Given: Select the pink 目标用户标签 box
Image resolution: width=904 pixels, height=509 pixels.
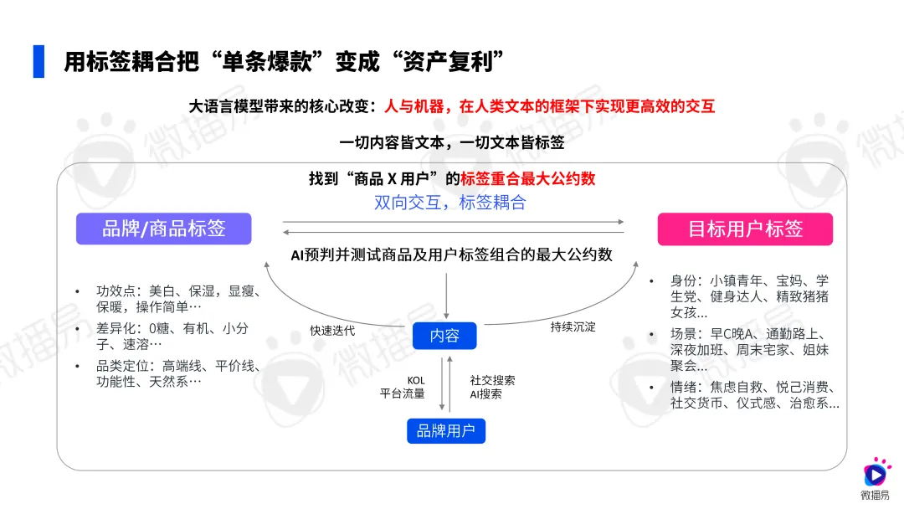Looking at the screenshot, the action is (x=745, y=229).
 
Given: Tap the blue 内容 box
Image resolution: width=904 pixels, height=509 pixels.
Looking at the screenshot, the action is (x=444, y=336).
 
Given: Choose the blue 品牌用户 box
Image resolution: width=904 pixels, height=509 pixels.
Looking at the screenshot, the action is (x=444, y=431).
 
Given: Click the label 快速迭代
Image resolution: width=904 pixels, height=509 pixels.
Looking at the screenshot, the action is (x=332, y=331).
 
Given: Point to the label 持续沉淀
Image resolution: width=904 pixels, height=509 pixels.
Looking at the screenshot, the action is (x=573, y=326).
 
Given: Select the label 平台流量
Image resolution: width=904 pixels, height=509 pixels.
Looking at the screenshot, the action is (x=403, y=393).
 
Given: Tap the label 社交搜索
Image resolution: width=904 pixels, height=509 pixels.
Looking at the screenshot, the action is (x=492, y=381).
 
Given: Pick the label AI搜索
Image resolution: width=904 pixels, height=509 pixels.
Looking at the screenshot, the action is (x=485, y=393).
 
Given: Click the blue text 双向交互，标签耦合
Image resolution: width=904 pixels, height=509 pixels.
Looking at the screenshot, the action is (x=450, y=203).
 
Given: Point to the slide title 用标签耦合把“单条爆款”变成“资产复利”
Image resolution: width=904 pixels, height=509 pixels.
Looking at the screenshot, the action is (x=285, y=62).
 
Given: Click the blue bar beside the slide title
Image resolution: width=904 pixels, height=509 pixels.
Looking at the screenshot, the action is (x=39, y=61).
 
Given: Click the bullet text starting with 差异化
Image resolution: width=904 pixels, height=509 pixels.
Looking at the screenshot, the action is (x=173, y=336).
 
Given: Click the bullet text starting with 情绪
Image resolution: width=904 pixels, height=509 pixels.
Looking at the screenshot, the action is (x=754, y=394).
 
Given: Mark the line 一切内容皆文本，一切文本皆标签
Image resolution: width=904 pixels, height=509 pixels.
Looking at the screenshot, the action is (x=452, y=142).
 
